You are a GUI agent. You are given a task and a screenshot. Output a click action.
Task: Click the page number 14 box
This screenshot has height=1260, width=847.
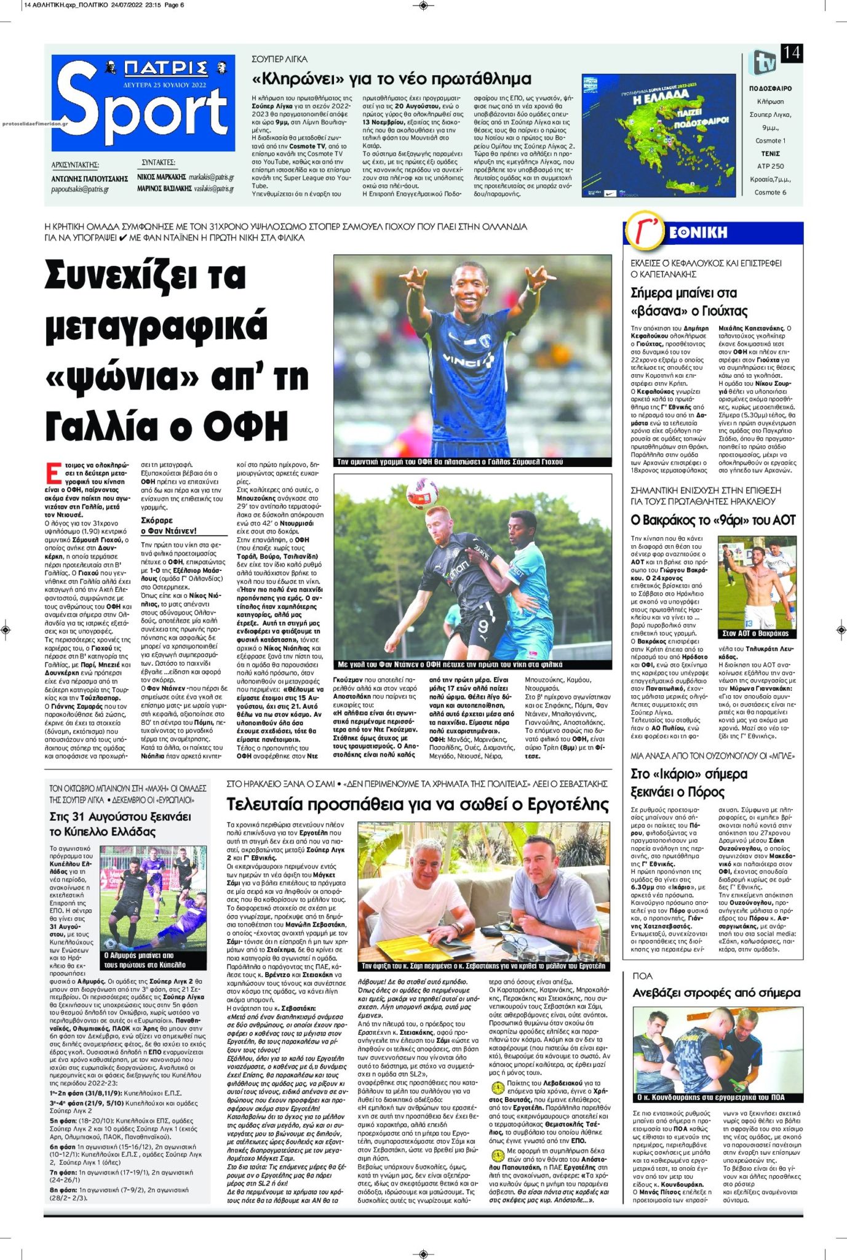(x=791, y=53)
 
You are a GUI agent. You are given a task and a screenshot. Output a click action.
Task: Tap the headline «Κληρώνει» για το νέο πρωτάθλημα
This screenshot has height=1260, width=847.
(x=391, y=79)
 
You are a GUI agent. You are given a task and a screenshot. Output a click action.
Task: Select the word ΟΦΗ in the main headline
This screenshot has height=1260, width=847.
(x=245, y=425)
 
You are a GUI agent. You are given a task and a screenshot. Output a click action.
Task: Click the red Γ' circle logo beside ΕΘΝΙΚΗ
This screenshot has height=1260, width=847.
(x=644, y=233)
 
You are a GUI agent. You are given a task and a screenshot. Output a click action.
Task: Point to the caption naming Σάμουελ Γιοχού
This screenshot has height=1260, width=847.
(x=450, y=461)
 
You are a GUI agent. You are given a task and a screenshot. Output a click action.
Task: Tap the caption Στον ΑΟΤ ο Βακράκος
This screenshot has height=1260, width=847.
(x=755, y=633)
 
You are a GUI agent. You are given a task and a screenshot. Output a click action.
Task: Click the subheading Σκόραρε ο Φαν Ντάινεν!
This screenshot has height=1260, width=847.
(x=169, y=525)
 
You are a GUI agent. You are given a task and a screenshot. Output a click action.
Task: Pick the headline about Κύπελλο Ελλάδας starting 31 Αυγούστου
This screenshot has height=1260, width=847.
(x=121, y=824)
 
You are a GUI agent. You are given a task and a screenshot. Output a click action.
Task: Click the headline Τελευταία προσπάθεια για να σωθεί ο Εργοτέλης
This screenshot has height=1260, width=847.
(x=418, y=804)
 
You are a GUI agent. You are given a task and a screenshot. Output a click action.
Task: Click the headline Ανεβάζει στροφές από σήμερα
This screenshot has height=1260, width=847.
(x=717, y=992)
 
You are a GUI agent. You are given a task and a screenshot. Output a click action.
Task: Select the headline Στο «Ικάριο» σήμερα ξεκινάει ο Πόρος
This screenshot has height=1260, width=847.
(x=689, y=783)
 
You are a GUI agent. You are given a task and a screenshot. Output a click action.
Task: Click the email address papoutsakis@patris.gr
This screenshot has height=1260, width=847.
(x=80, y=189)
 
